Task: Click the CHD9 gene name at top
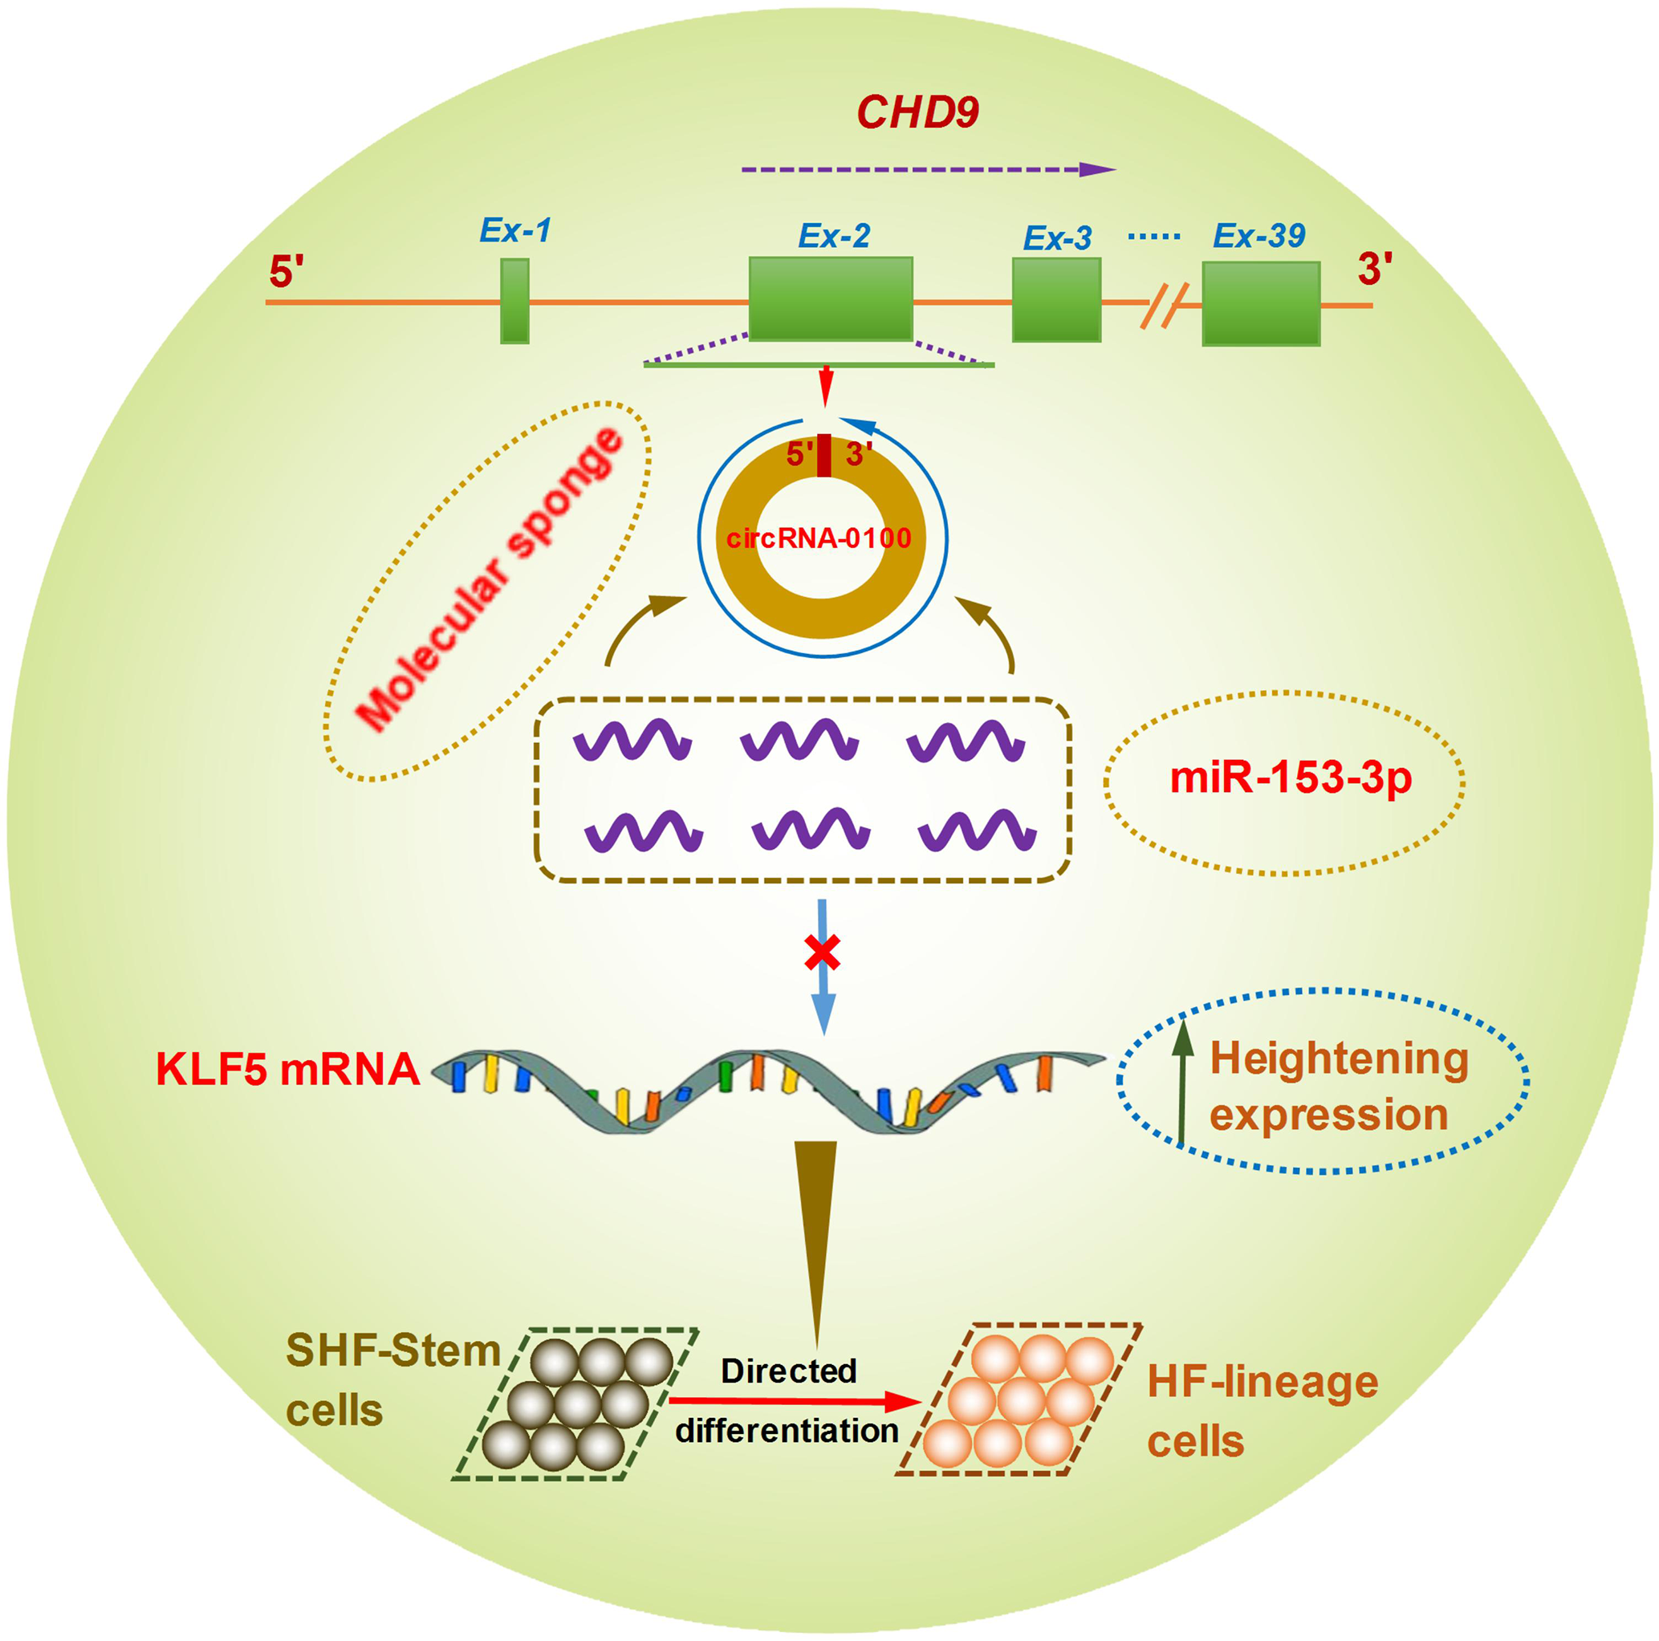click(917, 113)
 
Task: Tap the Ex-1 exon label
click(514, 230)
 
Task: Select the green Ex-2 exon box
click(831, 298)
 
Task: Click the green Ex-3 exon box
click(1056, 299)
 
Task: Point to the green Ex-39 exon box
click(1261, 303)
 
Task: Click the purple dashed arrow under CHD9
click(927, 170)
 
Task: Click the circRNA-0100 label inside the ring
click(819, 538)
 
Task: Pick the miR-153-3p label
click(1291, 778)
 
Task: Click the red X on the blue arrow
click(822, 953)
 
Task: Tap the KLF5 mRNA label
click(287, 1070)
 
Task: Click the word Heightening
click(1339, 1058)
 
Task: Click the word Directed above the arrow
click(788, 1371)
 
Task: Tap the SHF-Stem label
click(393, 1351)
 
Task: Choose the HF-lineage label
click(1263, 1382)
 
